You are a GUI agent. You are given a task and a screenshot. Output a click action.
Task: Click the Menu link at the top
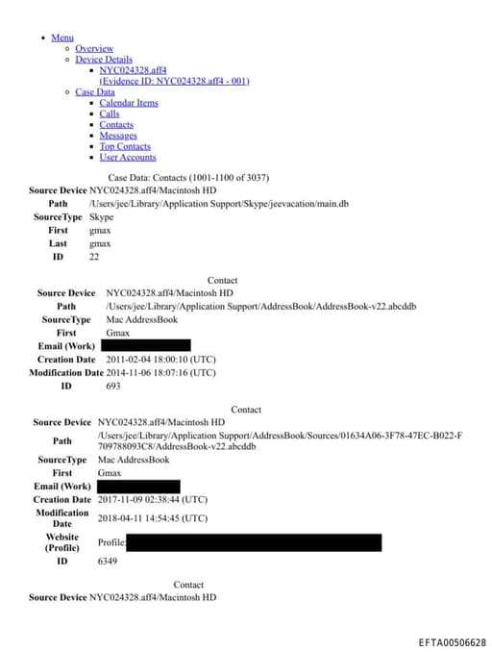point(62,38)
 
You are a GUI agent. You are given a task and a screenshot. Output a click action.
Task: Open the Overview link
point(94,48)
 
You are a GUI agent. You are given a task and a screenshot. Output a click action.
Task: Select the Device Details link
point(104,60)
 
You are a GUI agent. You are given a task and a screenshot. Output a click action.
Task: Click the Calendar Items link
point(129,103)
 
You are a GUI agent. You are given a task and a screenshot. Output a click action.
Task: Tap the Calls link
point(110,113)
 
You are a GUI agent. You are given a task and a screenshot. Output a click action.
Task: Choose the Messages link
point(118,136)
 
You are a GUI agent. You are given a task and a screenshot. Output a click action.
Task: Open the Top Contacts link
point(125,146)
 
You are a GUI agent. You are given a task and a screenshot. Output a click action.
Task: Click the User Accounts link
point(127,158)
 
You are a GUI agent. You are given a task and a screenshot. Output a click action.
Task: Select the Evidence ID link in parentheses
point(174,81)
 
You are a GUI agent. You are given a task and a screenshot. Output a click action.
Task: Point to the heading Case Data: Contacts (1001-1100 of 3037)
point(188,178)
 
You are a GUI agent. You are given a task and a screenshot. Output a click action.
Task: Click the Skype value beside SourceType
point(101,217)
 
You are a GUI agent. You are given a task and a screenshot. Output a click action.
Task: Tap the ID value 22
point(94,257)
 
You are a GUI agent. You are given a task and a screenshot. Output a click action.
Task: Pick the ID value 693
point(112,386)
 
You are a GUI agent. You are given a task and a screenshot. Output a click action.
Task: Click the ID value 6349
point(108,561)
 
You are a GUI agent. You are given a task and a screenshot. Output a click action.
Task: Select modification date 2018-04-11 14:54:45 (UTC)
point(152,517)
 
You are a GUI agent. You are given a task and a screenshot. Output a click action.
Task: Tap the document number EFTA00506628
point(453,641)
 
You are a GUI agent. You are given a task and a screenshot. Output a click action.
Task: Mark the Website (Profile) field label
point(61,542)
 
